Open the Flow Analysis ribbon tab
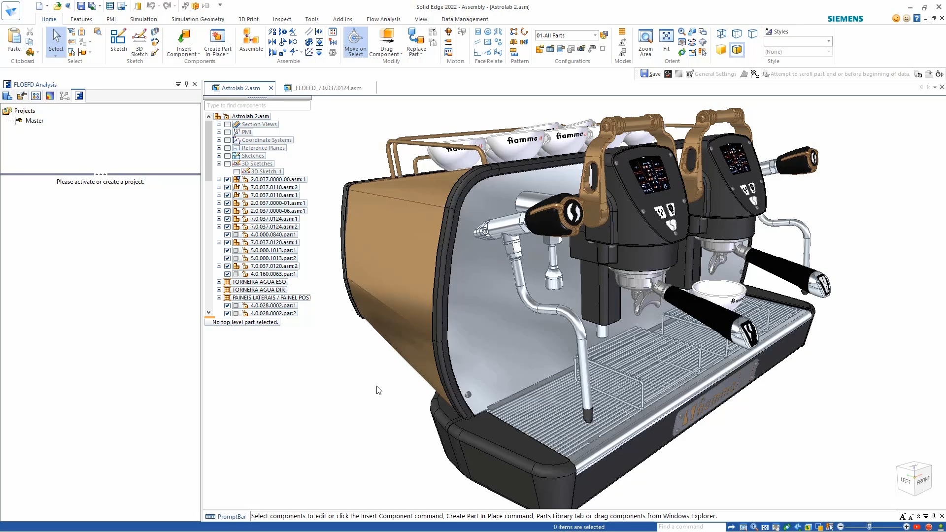click(383, 19)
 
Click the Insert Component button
click(183, 43)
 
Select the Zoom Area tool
click(645, 43)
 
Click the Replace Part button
click(416, 43)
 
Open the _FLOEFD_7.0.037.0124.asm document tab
click(328, 88)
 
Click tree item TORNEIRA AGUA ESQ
click(259, 282)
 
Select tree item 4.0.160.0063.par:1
click(273, 274)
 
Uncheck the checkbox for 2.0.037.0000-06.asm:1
click(227, 211)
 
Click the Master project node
click(34, 121)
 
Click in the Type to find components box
click(257, 105)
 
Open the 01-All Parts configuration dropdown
click(595, 35)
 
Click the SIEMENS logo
click(845, 19)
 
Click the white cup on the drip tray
click(718, 292)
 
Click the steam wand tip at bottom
click(588, 415)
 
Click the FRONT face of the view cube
click(923, 480)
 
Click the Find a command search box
click(690, 527)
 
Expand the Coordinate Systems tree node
click(219, 140)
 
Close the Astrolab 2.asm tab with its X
click(270, 88)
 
